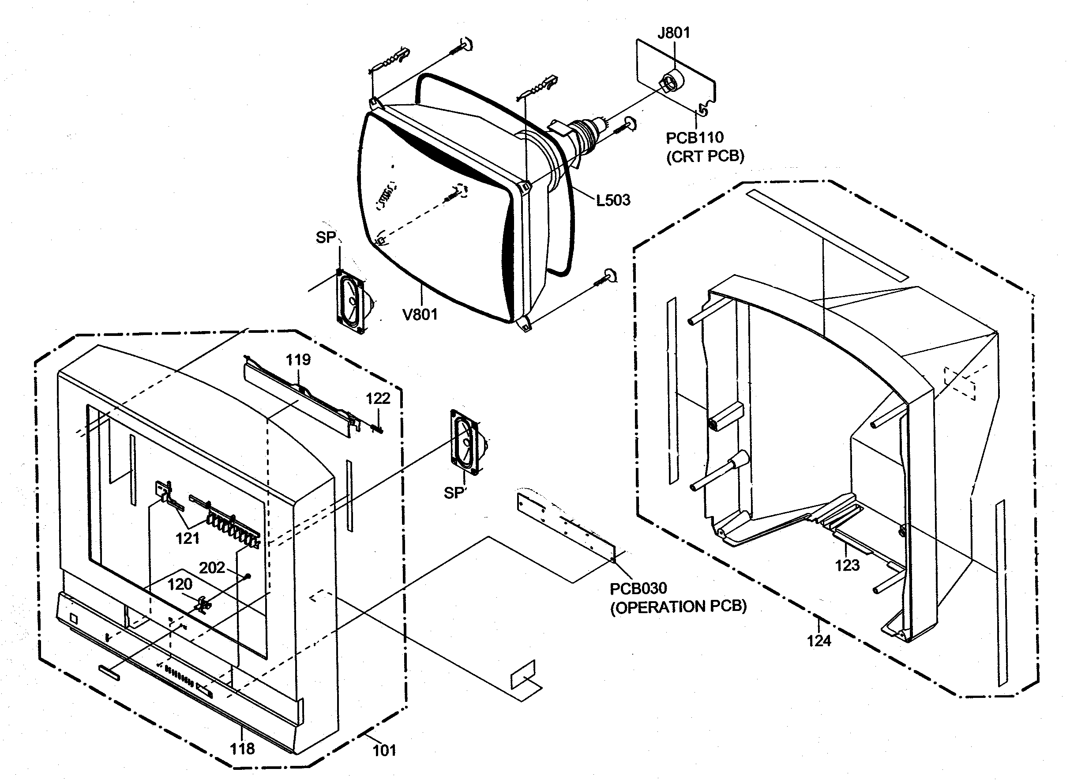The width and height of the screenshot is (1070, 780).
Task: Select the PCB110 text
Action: click(x=695, y=138)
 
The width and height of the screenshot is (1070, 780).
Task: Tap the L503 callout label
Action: click(x=613, y=200)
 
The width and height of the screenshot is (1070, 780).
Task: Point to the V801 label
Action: click(x=420, y=314)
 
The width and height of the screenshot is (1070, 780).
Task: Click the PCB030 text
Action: click(x=638, y=589)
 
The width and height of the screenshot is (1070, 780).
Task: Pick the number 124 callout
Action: click(x=818, y=641)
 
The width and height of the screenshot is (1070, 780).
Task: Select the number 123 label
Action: click(x=847, y=565)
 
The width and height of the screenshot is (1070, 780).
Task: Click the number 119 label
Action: click(x=298, y=360)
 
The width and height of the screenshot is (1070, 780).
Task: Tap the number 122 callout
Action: click(x=378, y=399)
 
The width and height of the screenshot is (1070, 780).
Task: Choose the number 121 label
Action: click(x=188, y=538)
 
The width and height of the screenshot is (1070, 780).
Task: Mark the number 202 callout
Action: click(x=212, y=568)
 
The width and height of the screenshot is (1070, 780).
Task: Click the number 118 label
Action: click(x=242, y=749)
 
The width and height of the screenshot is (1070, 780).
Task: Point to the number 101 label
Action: click(x=384, y=751)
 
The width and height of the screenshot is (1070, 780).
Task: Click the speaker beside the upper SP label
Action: click(x=352, y=302)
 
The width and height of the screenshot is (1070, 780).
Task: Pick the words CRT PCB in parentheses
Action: click(x=705, y=157)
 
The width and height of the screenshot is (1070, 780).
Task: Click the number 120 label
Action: click(x=180, y=584)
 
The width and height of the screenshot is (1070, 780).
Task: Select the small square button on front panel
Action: click(x=73, y=618)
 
